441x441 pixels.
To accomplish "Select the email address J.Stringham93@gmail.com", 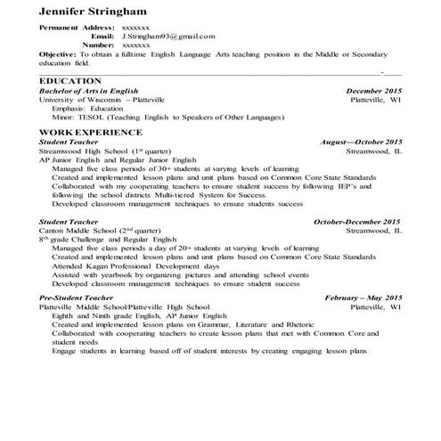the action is (x=168, y=37).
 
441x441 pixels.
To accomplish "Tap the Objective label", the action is (x=58, y=53).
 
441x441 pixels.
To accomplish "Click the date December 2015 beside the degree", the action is (x=373, y=91).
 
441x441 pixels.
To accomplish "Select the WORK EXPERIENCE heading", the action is (x=86, y=132).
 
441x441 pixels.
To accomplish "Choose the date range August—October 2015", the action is (x=361, y=143).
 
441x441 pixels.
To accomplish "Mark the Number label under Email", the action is (x=98, y=44).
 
